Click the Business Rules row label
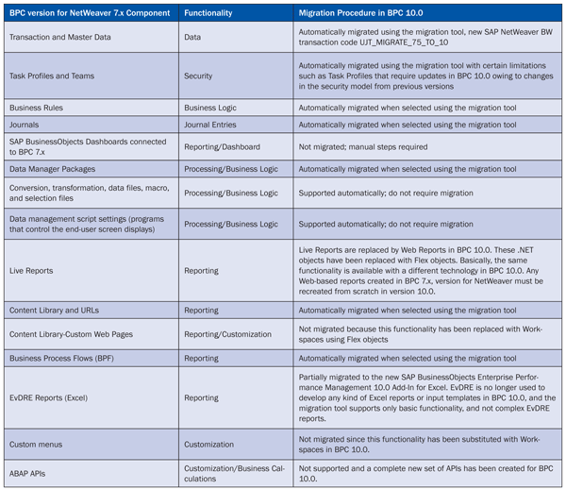(x=38, y=108)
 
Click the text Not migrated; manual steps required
(x=362, y=147)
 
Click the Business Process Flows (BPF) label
(x=65, y=359)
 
